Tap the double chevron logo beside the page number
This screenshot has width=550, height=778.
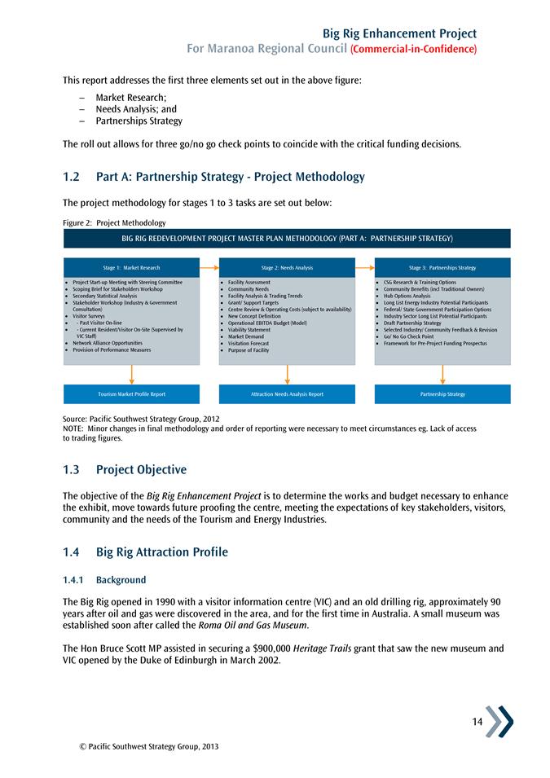pos(499,722)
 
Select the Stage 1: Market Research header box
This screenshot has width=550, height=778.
pos(131,267)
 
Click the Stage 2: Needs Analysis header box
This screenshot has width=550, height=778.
pos(287,267)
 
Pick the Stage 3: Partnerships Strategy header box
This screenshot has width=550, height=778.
pos(442,267)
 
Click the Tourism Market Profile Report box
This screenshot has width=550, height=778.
pos(131,394)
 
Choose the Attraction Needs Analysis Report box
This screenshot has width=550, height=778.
pos(287,394)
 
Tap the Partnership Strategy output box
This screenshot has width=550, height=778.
pos(442,394)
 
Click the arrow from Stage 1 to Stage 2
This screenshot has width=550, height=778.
pos(209,266)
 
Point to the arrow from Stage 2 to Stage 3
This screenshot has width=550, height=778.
pos(365,266)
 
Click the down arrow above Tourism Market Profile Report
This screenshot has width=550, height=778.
pos(131,375)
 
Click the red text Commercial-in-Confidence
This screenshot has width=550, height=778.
pos(413,50)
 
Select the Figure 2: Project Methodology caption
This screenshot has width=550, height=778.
pos(114,222)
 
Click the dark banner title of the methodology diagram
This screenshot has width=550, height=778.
pos(287,238)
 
